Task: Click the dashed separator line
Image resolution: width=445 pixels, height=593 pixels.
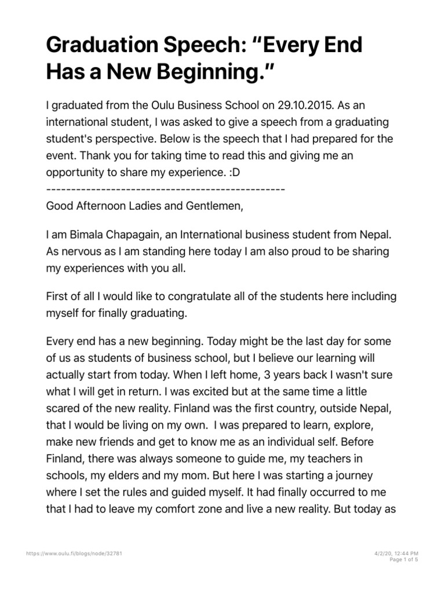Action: tap(165, 189)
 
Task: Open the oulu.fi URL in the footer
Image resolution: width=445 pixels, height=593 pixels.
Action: tap(75, 554)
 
